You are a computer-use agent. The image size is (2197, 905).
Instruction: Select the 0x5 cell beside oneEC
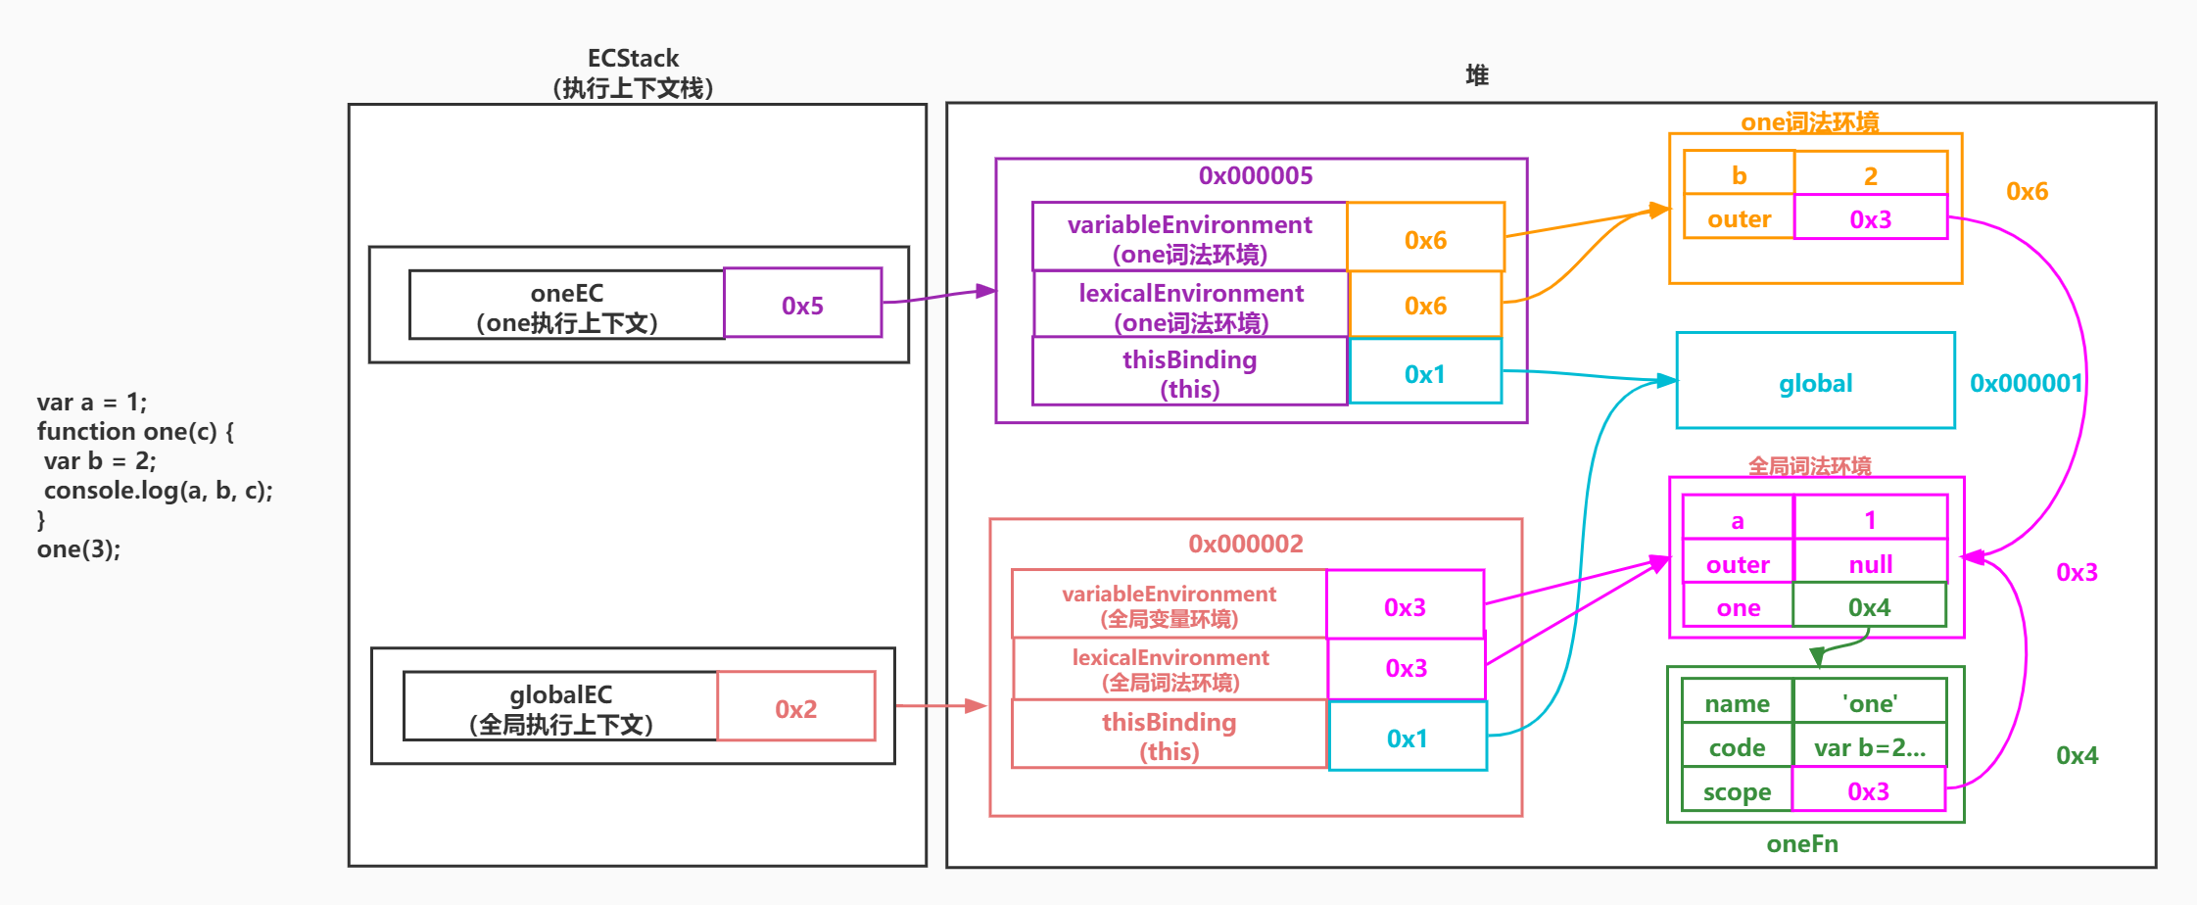(802, 305)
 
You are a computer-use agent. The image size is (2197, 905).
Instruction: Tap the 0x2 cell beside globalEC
(795, 708)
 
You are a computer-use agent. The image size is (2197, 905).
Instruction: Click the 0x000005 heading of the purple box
(1255, 176)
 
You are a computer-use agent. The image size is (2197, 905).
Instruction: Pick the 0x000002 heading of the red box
(1245, 544)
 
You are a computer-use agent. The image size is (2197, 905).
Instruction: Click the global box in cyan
(1815, 382)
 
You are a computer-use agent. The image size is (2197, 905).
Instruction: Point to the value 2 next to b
(1870, 175)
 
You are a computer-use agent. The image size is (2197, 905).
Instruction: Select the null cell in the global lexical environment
(1870, 564)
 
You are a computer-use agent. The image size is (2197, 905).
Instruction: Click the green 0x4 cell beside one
(1869, 607)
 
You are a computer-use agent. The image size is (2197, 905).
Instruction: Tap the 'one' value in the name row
(1869, 703)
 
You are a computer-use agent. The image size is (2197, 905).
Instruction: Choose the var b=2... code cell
(1869, 747)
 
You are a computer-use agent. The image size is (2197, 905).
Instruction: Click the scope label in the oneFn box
(1737, 791)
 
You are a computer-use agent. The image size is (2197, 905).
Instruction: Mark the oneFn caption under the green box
(1801, 843)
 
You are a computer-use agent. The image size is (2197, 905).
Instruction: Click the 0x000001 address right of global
(2026, 383)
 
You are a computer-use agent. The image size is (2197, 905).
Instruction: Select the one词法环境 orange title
(1809, 122)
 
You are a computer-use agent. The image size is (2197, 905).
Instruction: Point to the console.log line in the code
(158, 490)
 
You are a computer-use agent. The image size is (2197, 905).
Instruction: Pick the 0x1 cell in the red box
(1407, 738)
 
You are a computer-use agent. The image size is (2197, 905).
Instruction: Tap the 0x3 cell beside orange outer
(1870, 219)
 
